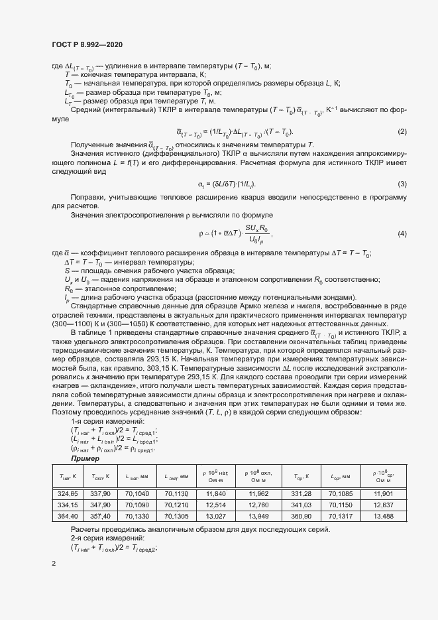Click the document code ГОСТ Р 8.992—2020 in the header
coord(87,44)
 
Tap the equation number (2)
coord(402,132)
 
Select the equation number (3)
coord(402,184)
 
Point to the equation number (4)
coord(402,233)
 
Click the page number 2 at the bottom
coord(53,564)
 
